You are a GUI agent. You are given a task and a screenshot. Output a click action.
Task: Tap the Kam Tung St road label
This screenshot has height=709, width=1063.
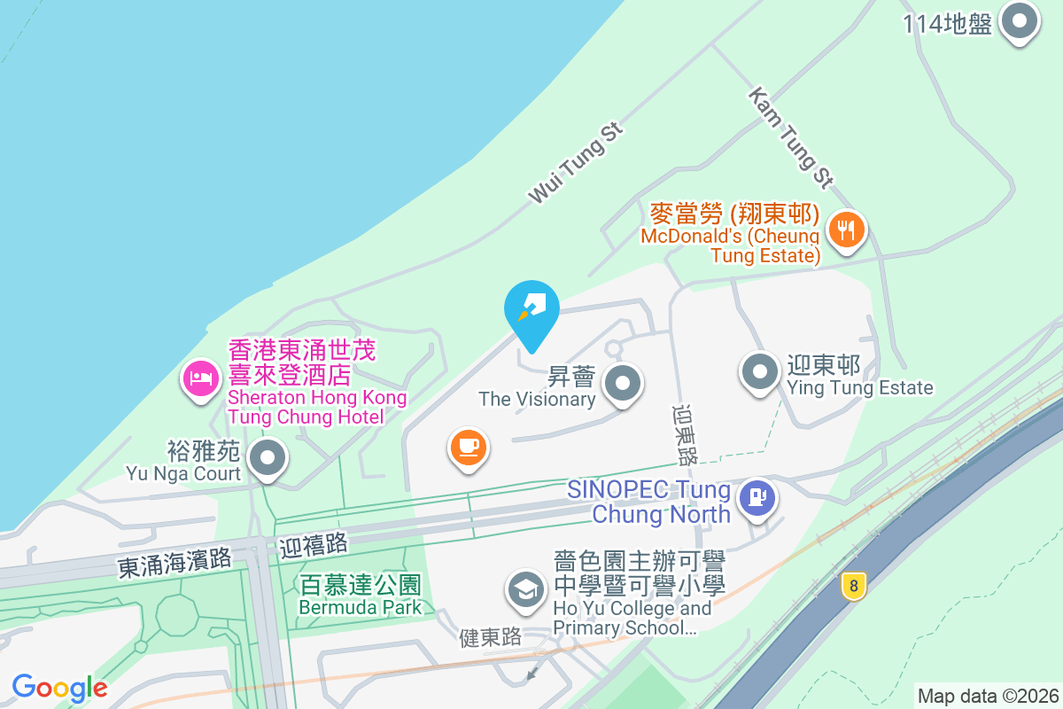point(790,137)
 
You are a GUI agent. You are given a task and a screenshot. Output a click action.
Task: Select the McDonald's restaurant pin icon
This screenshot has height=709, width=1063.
point(847,230)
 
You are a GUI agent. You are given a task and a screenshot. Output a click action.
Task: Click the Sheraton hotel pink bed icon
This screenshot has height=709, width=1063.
point(201,379)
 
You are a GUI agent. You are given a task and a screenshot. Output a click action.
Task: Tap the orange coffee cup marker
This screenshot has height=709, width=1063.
point(468,447)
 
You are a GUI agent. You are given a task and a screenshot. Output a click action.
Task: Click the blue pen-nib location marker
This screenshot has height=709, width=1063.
point(531,310)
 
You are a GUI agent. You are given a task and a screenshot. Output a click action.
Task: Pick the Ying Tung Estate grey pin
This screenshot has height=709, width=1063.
point(760,372)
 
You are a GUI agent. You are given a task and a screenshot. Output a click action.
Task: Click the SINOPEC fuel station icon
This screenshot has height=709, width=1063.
point(757,497)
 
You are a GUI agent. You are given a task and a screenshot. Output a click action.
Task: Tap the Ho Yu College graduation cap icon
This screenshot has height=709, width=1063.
point(527,589)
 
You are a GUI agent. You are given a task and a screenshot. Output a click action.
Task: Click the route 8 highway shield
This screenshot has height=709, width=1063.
point(853,586)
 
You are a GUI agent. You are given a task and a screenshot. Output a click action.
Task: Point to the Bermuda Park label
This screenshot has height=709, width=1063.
point(360,596)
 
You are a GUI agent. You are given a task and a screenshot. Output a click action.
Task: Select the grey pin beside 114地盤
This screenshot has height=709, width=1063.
point(1020,21)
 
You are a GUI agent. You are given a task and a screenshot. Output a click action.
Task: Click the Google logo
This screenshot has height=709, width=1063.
point(59,688)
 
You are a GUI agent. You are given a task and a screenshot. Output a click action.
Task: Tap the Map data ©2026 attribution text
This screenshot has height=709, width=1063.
point(987,696)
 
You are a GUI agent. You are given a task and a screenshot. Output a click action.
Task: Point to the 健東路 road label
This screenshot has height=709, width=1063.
point(491,636)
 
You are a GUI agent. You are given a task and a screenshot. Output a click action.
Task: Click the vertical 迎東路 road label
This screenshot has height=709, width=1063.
point(685,435)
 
